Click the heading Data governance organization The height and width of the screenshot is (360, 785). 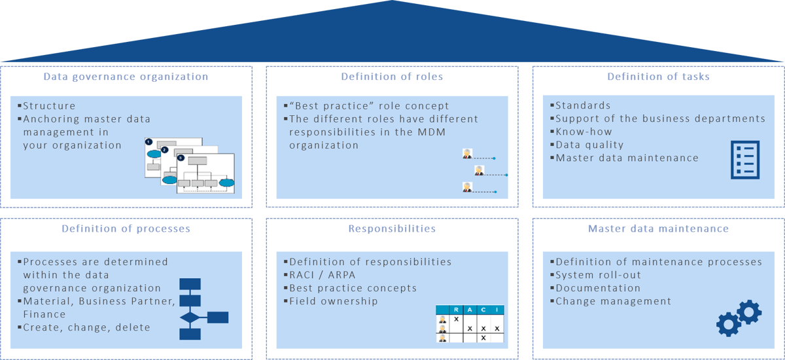(x=126, y=77)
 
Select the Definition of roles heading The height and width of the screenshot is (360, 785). (x=392, y=77)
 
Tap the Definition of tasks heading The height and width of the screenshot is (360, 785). (x=658, y=77)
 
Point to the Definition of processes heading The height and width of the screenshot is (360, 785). (x=126, y=229)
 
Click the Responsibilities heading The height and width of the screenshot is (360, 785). (x=392, y=229)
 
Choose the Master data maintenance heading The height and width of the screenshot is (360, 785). (x=658, y=229)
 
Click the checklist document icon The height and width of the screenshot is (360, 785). (x=744, y=160)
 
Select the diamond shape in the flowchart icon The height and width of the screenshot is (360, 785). (x=190, y=317)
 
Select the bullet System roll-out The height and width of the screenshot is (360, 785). (x=598, y=275)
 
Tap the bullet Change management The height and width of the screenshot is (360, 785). (x=613, y=301)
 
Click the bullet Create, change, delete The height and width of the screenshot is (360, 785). (x=86, y=327)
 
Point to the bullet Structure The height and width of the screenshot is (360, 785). (x=49, y=106)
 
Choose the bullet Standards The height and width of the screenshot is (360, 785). (x=583, y=105)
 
